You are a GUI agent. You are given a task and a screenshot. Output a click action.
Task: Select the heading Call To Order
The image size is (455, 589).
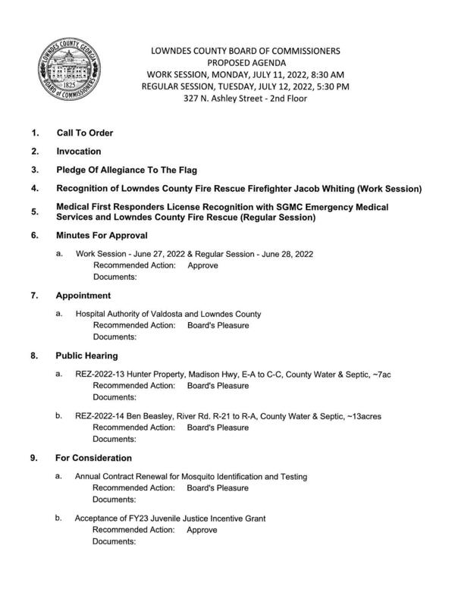[84, 133]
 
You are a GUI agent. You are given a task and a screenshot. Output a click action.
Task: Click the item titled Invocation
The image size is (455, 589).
[78, 152]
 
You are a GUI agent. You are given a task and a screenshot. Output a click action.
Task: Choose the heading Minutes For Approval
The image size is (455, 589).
[101, 236]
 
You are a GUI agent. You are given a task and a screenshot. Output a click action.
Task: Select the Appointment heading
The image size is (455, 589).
[83, 296]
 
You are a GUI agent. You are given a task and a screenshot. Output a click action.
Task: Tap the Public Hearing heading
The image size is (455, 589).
[86, 356]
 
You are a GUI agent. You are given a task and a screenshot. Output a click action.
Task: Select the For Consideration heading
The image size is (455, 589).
[93, 458]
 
